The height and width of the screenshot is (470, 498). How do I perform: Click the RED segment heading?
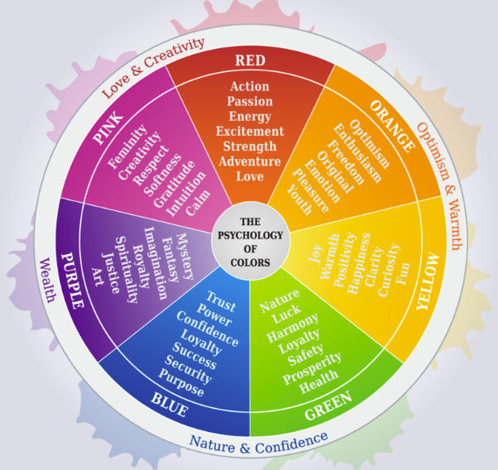249,60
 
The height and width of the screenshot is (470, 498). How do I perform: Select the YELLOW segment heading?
429,305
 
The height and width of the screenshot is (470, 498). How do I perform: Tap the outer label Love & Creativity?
152,67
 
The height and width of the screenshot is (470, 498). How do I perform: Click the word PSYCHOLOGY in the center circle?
249,235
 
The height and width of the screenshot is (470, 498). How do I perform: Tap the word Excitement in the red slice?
249,132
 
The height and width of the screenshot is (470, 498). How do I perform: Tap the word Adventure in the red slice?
249,161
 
